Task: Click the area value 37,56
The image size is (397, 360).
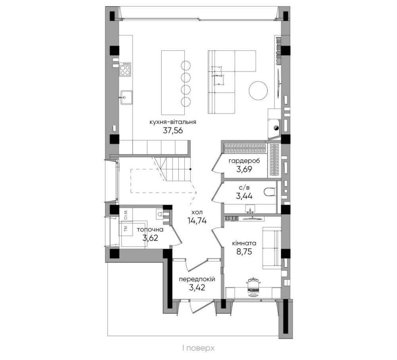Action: click(x=173, y=131)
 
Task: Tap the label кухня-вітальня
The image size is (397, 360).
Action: click(x=173, y=122)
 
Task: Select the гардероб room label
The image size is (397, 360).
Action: click(x=244, y=161)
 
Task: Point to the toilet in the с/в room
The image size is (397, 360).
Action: click(x=270, y=192)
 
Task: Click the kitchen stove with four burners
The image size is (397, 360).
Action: click(x=125, y=69)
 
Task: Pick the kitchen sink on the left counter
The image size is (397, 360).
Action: click(x=126, y=97)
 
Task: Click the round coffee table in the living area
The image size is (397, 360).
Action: click(x=258, y=91)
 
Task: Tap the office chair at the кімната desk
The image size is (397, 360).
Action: click(x=253, y=287)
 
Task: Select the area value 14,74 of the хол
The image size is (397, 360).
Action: click(x=197, y=221)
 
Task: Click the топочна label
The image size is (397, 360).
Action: click(x=150, y=230)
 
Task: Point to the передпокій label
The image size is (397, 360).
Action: click(x=197, y=279)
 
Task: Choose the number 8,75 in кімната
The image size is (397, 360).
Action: click(x=244, y=252)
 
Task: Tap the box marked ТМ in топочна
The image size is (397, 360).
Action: click(x=126, y=229)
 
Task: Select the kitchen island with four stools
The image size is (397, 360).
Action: click(x=177, y=82)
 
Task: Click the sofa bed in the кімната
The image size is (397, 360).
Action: click(x=272, y=248)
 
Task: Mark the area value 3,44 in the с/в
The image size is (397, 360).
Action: click(x=244, y=196)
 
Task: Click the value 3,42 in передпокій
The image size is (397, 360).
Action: click(x=197, y=288)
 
